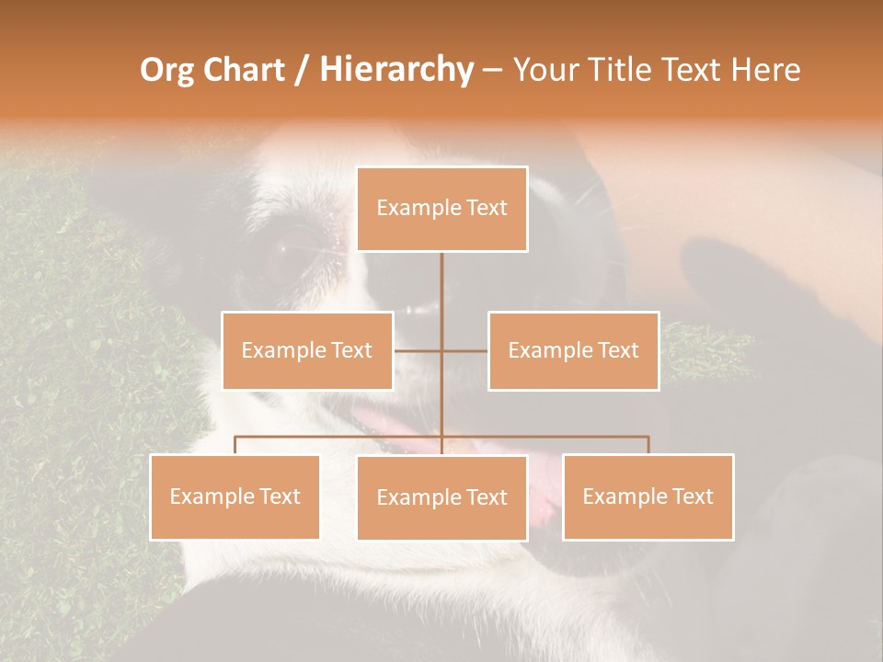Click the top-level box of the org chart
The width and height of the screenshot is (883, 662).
pyautogui.click(x=441, y=209)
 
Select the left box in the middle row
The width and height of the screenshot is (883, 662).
pyautogui.click(x=307, y=350)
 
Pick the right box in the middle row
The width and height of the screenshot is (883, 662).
pyautogui.click(x=573, y=350)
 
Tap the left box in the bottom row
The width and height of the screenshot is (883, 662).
pyautogui.click(x=235, y=496)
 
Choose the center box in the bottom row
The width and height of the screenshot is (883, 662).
pyautogui.click(x=441, y=497)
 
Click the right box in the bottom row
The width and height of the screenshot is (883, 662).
pyautogui.click(x=648, y=496)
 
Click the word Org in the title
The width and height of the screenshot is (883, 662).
pyautogui.click(x=168, y=70)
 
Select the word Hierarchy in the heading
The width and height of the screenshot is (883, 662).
pyautogui.click(x=396, y=70)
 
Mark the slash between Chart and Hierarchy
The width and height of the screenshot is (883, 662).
pyautogui.click(x=302, y=70)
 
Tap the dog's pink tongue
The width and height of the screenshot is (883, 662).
pyautogui.click(x=386, y=425)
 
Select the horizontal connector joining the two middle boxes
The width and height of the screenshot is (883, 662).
pyautogui.click(x=441, y=350)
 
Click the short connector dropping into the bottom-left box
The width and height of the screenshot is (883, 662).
pyautogui.click(x=235, y=445)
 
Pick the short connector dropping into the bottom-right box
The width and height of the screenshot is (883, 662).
pyautogui.click(x=648, y=445)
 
